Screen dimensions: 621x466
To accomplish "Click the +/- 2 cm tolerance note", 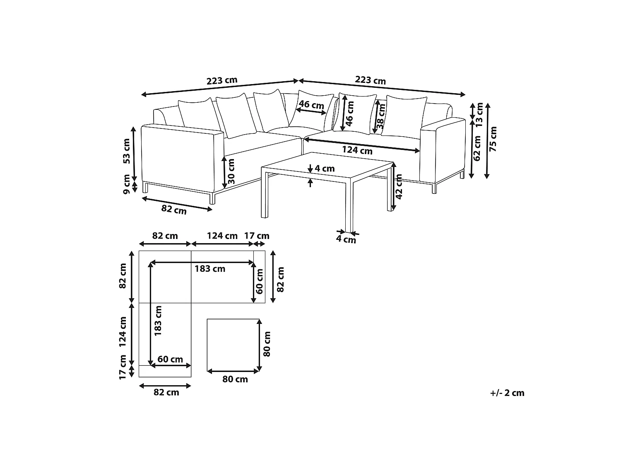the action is (507, 393).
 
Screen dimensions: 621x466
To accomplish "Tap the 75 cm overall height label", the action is (493, 139).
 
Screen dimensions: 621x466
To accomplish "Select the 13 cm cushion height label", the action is (479, 115).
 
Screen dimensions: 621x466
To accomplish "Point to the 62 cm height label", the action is (477, 148).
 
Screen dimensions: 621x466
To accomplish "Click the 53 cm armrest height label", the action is (126, 151).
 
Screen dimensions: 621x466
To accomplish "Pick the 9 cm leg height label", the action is (126, 184).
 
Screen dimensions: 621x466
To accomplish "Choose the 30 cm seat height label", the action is (231, 171).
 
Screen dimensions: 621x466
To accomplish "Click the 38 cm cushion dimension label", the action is (380, 116).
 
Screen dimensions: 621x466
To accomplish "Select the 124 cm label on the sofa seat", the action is (357, 150).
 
